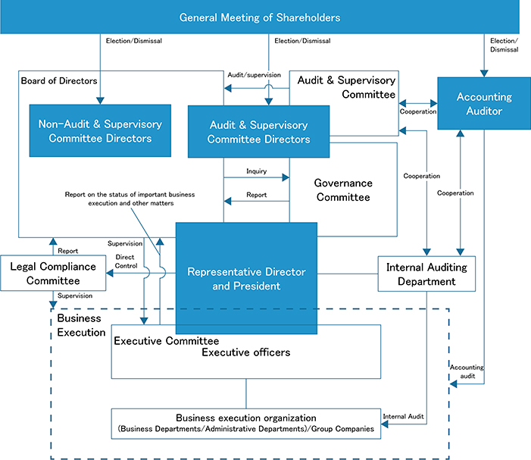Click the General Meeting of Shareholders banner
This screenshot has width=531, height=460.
coord(260,17)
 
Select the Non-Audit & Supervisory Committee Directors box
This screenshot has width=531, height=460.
coord(100,131)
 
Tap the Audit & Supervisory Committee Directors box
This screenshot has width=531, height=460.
coord(259,132)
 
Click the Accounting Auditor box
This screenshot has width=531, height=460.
coord(484,104)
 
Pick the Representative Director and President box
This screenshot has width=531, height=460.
coord(246,278)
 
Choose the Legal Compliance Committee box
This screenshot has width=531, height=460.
coord(53,274)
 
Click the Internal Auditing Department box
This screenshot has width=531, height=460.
coord(426,274)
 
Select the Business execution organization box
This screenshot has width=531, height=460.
coord(246,424)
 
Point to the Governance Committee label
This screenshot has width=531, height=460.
coord(343,190)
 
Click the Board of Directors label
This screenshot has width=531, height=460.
coord(59,80)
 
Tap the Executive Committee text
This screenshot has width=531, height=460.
coord(167,341)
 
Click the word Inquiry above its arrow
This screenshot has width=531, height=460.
coord(256,171)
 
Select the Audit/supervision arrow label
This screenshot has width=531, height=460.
coord(254,75)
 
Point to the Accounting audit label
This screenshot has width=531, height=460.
coord(467,371)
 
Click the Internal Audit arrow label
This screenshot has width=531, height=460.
coord(403,416)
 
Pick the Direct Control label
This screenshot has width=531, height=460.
coord(126,261)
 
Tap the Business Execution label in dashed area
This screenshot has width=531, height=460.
coord(81,325)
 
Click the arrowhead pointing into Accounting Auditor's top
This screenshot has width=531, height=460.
coord(484,74)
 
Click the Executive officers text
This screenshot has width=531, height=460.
coord(246,352)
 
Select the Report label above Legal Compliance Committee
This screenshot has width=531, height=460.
coord(67,251)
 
